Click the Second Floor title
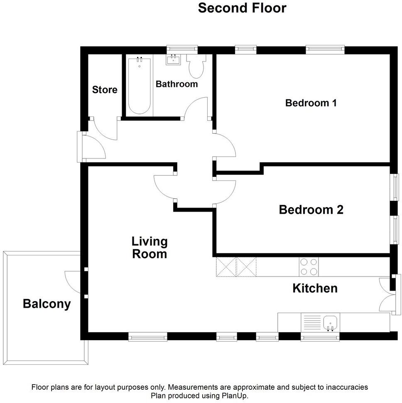coord(242,8)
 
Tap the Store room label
coord(105,90)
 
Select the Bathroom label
coord(176,84)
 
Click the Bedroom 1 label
coord(311,103)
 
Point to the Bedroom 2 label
coord(311,210)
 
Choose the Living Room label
coord(150,247)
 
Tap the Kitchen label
coord(315,288)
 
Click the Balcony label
coord(47,304)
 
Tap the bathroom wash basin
coord(173,60)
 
